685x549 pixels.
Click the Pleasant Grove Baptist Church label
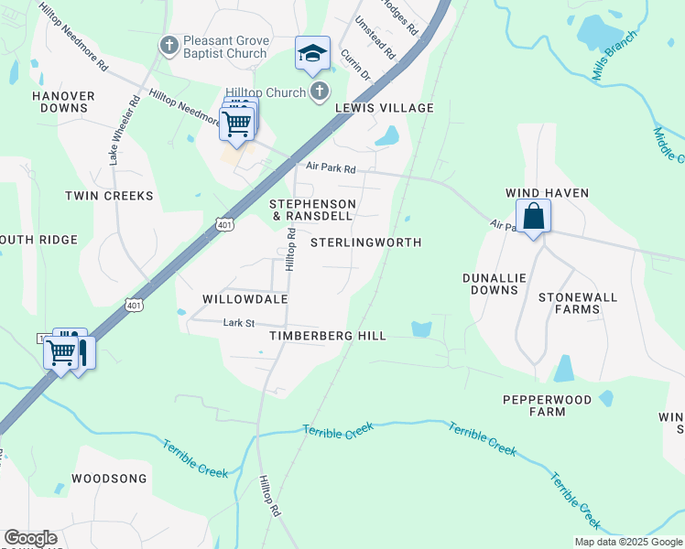click(224, 47)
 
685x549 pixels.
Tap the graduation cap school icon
click(312, 54)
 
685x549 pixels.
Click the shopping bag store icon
click(533, 217)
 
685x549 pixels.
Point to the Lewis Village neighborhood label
click(384, 108)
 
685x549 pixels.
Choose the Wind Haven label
click(548, 193)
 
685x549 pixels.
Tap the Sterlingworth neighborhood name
click(365, 242)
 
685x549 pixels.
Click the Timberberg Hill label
click(327, 336)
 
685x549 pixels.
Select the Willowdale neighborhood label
click(245, 299)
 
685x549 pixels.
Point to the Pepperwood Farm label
click(546, 405)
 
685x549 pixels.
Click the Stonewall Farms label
click(569, 303)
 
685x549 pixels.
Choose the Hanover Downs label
click(63, 102)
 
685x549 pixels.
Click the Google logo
click(30, 538)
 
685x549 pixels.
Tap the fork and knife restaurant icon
click(82, 351)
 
